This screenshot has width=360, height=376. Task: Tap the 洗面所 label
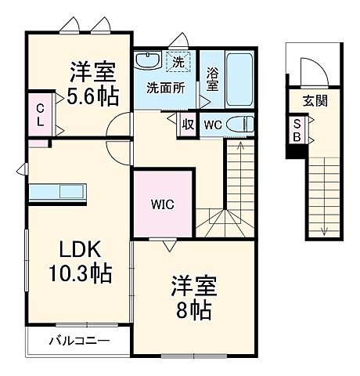166,88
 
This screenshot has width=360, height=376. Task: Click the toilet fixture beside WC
245,125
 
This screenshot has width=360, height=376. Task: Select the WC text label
213,125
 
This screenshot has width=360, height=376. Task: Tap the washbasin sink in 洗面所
147,61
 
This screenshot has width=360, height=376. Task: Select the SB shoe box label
297,129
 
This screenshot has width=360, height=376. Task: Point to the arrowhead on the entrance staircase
322,230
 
